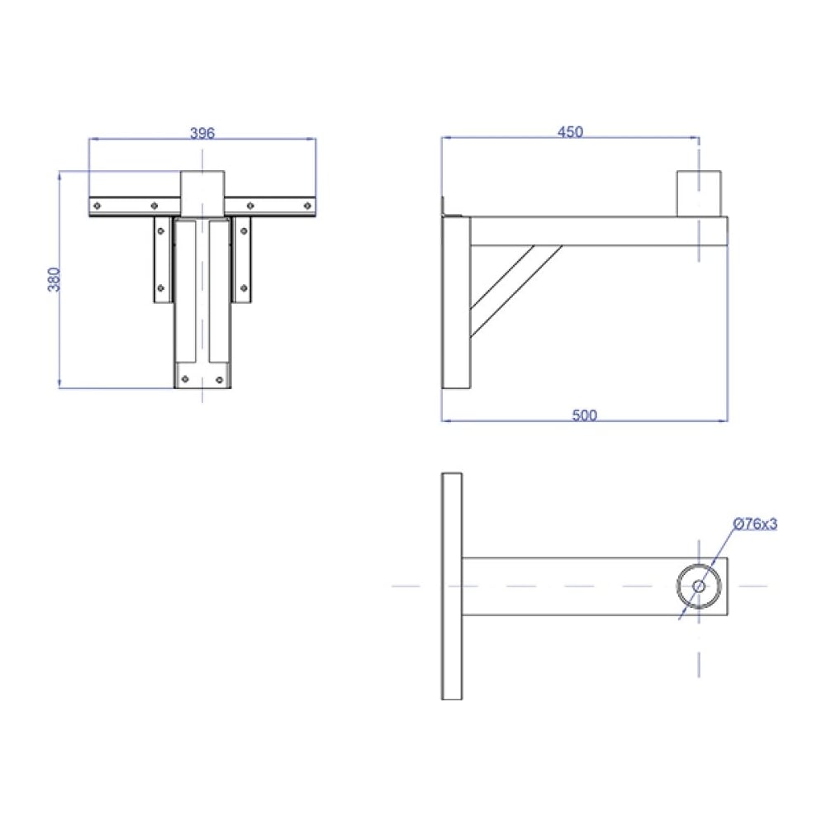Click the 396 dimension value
coord(202,133)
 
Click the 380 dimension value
coord(55,279)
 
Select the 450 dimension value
coord(570,131)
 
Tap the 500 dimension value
coord(584,415)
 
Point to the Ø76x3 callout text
coord(755,524)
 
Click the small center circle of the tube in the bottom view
coord(699,586)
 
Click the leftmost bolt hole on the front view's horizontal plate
coord(97,206)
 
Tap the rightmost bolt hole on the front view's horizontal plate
coord(307,206)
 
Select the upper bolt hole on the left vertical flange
coord(161,230)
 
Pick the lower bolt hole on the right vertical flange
coord(244,288)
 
